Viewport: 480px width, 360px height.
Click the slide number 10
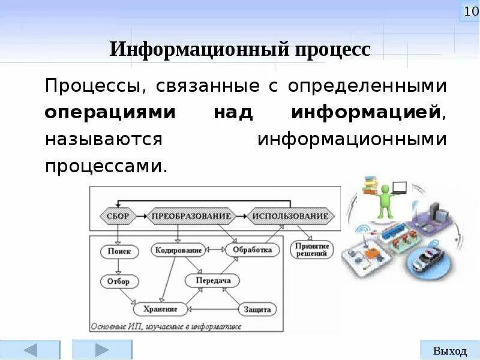[x=469, y=11]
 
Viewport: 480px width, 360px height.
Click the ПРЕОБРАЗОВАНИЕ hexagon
[x=191, y=215]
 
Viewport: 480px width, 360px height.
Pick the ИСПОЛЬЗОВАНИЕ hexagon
[x=290, y=215]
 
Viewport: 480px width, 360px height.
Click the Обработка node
[x=253, y=250]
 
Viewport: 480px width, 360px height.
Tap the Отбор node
[x=119, y=281]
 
